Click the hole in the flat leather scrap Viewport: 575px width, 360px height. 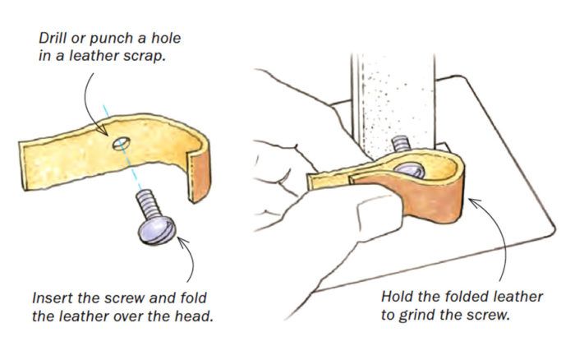pyautogui.click(x=122, y=144)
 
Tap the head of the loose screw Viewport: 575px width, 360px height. pyautogui.click(x=157, y=230)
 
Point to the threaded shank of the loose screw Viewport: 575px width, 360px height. pyautogui.click(x=147, y=205)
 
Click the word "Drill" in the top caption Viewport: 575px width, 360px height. pyautogui.click(x=52, y=38)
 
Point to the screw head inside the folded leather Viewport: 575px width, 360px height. pyautogui.click(x=409, y=170)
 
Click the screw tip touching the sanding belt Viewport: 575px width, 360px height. pyautogui.click(x=401, y=144)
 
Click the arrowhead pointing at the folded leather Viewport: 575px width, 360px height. pyautogui.click(x=476, y=203)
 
